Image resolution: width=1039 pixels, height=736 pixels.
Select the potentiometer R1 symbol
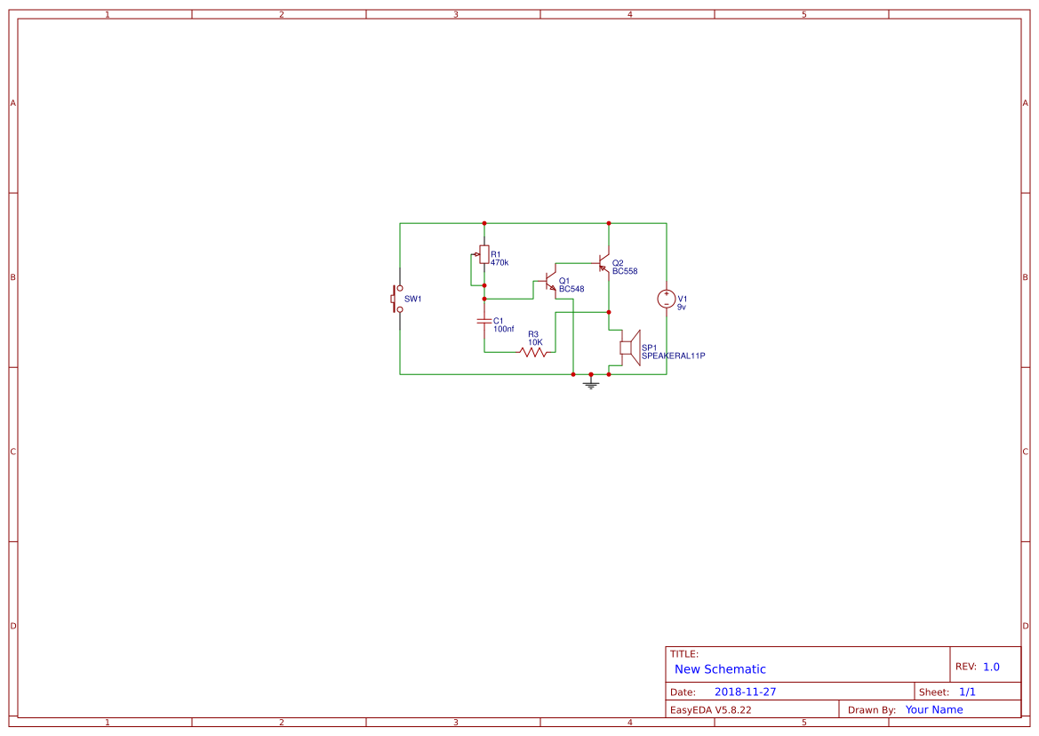point(484,255)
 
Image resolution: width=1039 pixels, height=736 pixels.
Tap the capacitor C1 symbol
point(484,320)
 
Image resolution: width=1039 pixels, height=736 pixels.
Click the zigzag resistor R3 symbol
point(533,352)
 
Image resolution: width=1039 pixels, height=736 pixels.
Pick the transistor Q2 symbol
point(604,264)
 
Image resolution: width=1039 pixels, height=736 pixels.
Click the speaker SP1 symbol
point(629,348)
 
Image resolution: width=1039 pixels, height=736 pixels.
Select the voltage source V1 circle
point(666,299)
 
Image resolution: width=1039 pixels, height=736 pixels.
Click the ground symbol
point(591,384)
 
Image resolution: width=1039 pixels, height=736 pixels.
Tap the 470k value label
point(500,263)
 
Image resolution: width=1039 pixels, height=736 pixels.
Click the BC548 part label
point(571,289)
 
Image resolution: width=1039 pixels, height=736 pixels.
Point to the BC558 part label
point(625,271)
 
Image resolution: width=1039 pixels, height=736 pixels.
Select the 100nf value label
point(503,329)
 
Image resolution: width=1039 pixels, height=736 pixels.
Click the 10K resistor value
point(535,341)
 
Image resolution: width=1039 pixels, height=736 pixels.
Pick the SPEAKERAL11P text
point(673,356)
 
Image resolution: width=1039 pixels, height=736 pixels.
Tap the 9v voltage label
point(682,307)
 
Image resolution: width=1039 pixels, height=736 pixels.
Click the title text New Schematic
point(720,669)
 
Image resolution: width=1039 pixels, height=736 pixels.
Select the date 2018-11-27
point(745,692)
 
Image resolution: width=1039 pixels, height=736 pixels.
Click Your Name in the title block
point(934,709)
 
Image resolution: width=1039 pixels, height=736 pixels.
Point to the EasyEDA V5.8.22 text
point(710,709)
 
